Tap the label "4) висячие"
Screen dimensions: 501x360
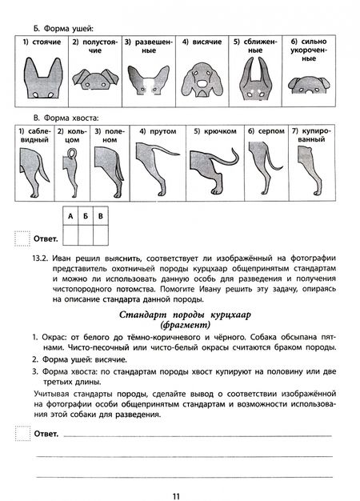coord(196,42)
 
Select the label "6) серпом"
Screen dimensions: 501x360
coord(262,130)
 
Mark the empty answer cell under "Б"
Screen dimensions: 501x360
coord(85,234)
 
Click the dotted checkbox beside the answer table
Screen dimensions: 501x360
coord(22,238)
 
